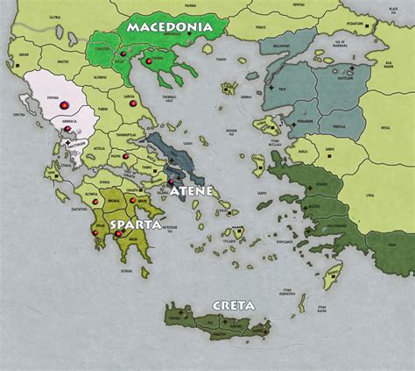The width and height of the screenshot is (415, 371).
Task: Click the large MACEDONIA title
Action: [169, 27]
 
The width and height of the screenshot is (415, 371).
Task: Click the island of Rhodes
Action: [333, 277]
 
